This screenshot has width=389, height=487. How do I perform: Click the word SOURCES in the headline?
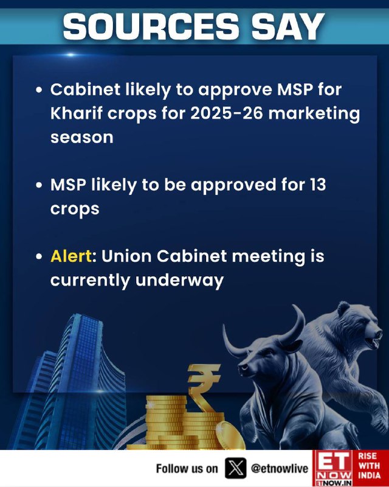pyautogui.click(x=151, y=26)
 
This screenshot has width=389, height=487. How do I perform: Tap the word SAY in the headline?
pyautogui.click(x=288, y=26)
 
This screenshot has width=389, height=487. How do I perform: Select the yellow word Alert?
pyautogui.click(x=71, y=256)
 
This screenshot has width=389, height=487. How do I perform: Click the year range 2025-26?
pyautogui.click(x=227, y=113)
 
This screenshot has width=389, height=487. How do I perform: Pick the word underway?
pyautogui.click(x=180, y=281)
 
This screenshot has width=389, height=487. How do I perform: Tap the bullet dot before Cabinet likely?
pyautogui.click(x=39, y=90)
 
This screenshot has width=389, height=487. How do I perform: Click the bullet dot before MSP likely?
pyautogui.click(x=39, y=186)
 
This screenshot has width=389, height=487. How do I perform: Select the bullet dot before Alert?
pyautogui.click(x=39, y=257)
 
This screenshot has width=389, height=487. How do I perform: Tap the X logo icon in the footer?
pyautogui.click(x=235, y=468)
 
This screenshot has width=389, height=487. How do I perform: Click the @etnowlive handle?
pyautogui.click(x=280, y=469)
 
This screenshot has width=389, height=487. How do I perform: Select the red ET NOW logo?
pyautogui.click(x=332, y=468)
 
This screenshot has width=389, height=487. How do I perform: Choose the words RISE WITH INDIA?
pyautogui.click(x=370, y=466)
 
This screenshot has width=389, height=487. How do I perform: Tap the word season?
pyautogui.click(x=82, y=138)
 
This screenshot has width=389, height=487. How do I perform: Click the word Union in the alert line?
pyautogui.click(x=126, y=256)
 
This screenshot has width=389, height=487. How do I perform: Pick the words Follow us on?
pyautogui.click(x=187, y=469)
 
